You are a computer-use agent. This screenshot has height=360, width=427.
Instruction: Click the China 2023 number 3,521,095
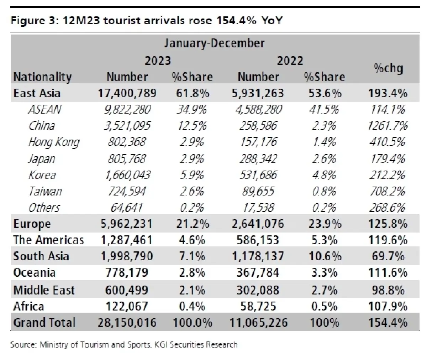tap(127, 126)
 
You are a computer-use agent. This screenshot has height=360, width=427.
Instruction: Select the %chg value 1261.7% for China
tap(388, 126)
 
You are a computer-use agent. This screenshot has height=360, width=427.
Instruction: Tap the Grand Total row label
tap(44, 322)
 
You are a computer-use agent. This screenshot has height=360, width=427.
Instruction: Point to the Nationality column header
tap(42, 77)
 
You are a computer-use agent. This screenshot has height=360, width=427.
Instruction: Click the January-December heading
tap(214, 43)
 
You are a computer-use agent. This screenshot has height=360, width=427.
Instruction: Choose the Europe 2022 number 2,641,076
tap(258, 224)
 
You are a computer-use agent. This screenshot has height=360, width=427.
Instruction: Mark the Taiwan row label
tap(45, 191)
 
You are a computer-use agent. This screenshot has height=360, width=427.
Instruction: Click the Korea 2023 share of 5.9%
tap(192, 175)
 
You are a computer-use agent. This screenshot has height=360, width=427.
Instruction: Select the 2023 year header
tap(158, 61)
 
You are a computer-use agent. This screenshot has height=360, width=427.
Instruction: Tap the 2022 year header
tap(290, 61)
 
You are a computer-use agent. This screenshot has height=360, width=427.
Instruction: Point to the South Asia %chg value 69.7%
tap(388, 256)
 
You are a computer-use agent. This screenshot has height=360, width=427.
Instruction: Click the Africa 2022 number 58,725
tap(258, 306)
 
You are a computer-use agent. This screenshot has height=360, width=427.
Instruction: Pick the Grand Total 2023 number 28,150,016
tap(127, 323)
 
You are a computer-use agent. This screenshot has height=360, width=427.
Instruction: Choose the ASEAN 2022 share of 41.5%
tap(324, 109)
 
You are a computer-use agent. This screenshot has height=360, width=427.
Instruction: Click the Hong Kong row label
tap(54, 142)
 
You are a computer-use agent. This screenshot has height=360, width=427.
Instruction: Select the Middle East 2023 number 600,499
tap(127, 290)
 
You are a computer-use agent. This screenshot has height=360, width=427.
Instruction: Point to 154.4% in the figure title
tap(236, 20)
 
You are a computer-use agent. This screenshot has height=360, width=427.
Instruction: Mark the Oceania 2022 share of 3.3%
tap(324, 273)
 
